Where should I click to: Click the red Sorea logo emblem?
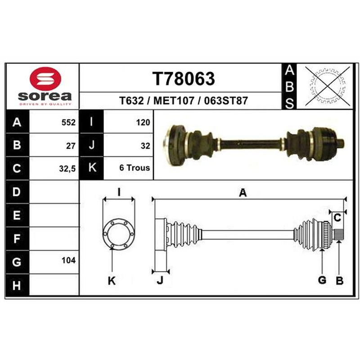pos(45,78)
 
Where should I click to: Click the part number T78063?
pos(184,78)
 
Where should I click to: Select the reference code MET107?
pos(174,100)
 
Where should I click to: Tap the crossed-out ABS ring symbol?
pos(328,86)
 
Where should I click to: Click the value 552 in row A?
pos(68,122)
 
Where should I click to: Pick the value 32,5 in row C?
pos(67,169)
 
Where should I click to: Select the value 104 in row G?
pos(68,261)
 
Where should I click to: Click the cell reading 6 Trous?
pos(134,168)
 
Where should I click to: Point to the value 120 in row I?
pos(143,122)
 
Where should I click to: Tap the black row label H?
pos(17,285)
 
